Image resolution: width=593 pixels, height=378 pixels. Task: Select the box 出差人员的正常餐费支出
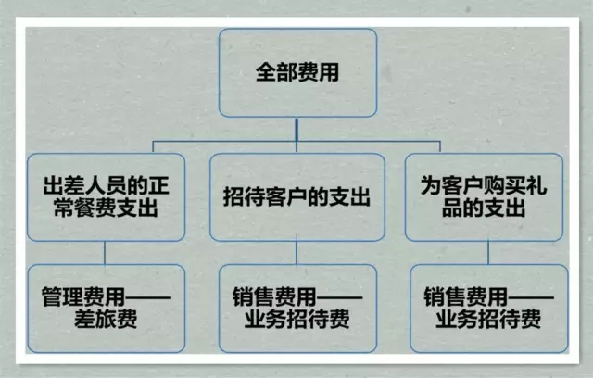click(104, 195)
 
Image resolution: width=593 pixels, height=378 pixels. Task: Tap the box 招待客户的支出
click(296, 195)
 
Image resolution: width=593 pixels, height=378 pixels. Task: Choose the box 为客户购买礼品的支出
click(487, 195)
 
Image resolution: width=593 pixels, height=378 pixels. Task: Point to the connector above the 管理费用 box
click(104, 252)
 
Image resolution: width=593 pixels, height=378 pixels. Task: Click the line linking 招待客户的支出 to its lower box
click(296, 252)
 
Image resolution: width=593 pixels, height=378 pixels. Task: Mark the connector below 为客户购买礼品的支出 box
click(487, 252)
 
